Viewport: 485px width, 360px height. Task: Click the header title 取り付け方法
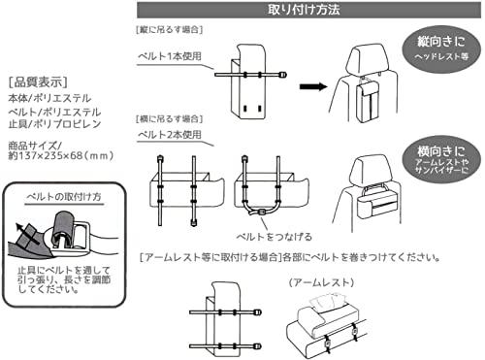[x=304, y=10]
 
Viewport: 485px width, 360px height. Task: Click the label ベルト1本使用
[x=170, y=56]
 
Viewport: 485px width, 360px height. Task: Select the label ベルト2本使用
[x=170, y=135]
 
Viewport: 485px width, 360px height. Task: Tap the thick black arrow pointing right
[x=313, y=86]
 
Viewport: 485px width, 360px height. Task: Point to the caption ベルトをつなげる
[x=275, y=237]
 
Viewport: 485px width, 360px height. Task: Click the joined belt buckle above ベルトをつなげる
[x=261, y=213]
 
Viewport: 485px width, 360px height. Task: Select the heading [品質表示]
[x=38, y=82]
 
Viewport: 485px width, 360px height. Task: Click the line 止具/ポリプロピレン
[x=54, y=124]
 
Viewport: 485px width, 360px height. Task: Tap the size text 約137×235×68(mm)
[x=61, y=155]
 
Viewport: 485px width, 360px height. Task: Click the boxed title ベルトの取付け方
[x=64, y=197]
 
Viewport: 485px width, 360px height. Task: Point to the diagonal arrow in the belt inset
[x=26, y=233]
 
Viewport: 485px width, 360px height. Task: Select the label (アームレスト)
[x=321, y=282]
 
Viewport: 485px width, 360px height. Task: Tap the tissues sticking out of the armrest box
[x=327, y=301]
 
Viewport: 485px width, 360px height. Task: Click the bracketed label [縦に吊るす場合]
[x=170, y=30]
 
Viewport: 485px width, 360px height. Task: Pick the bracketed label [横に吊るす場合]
[x=170, y=118]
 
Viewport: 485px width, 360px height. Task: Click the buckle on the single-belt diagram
[x=283, y=75]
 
